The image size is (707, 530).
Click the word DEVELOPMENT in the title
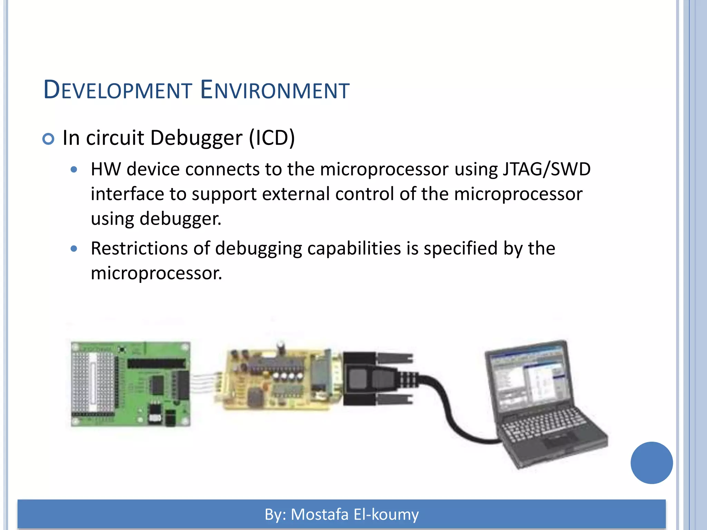click(x=118, y=90)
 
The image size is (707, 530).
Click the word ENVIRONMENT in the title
click(x=275, y=90)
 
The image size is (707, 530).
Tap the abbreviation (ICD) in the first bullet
click(x=272, y=138)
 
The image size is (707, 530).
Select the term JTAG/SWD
click(x=546, y=169)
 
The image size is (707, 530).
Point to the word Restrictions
click(x=139, y=248)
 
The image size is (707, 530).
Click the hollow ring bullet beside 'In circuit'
click(x=48, y=139)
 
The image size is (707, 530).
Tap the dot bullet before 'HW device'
click(x=74, y=170)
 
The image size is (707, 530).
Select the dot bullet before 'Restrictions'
click(x=74, y=248)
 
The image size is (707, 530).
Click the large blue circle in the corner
click(x=651, y=463)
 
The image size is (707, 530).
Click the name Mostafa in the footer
click(x=320, y=514)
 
